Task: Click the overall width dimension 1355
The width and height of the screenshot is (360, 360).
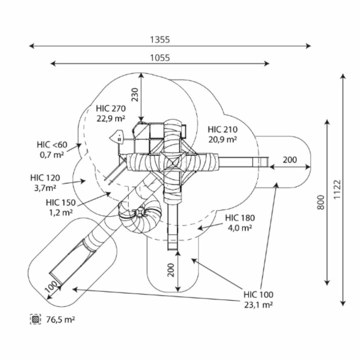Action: coord(160,40)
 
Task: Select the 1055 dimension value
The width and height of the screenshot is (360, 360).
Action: coord(160,58)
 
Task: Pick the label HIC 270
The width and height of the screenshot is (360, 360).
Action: coord(111,108)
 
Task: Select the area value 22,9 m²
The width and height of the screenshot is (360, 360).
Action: coord(111,118)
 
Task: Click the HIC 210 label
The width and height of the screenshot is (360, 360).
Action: coord(223,130)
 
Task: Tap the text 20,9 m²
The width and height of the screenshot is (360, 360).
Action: coord(223,139)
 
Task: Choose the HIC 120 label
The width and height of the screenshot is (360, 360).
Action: coord(45,177)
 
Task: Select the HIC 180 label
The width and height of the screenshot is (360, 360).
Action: coord(240,218)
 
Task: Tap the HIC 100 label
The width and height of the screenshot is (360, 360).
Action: coord(258,295)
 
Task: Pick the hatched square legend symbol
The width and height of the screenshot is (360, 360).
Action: coord(36,320)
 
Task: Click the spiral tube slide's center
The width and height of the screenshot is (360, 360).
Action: coord(140,213)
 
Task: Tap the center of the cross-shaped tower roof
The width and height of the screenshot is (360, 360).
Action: coord(172,162)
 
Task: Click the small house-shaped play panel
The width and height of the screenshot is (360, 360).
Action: coord(117,137)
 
